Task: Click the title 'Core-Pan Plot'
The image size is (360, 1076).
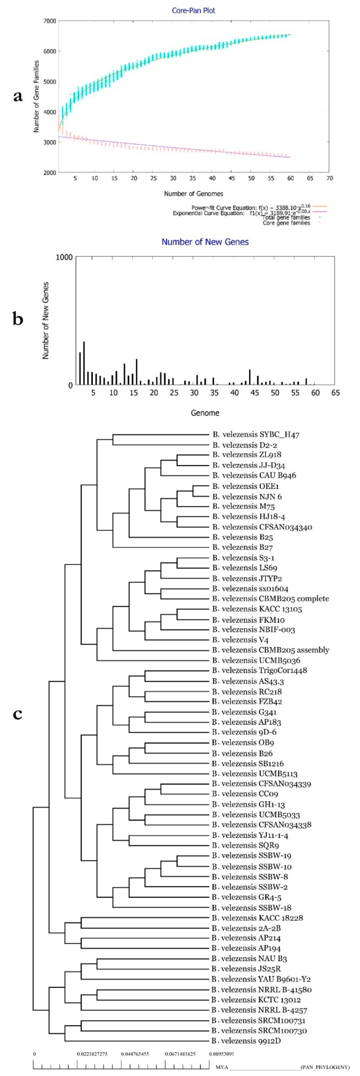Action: [x=193, y=10]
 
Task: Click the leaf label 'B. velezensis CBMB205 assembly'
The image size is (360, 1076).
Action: [x=270, y=650]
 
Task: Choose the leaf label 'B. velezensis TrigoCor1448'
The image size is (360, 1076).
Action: [x=259, y=671]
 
